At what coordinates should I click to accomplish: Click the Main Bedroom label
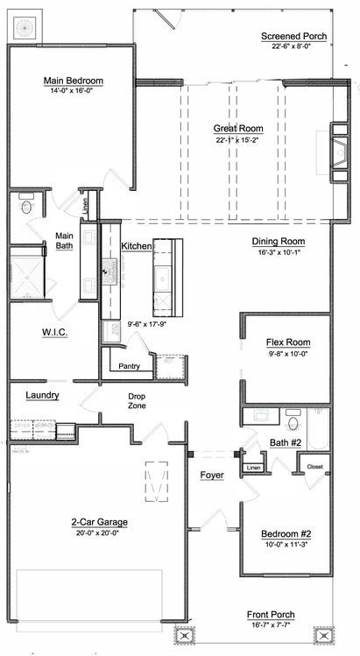click(x=74, y=81)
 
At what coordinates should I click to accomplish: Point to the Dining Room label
click(x=278, y=241)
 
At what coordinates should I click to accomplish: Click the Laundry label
click(x=42, y=396)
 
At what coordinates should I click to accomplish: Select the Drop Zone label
click(x=137, y=401)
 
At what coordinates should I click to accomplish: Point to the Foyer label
click(x=212, y=476)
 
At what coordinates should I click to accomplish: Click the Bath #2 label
click(x=285, y=443)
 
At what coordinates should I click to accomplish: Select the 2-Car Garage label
click(x=100, y=522)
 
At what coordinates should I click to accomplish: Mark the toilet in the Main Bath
click(x=26, y=207)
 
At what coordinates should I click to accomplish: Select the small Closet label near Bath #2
click(x=314, y=467)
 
